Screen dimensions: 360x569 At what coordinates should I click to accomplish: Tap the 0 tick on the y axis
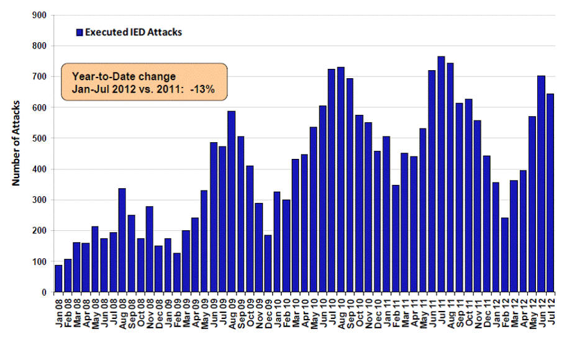(x=44, y=292)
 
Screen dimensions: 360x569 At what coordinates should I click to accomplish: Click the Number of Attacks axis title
(x=17, y=143)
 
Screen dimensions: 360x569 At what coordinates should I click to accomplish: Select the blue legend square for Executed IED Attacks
(x=79, y=32)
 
